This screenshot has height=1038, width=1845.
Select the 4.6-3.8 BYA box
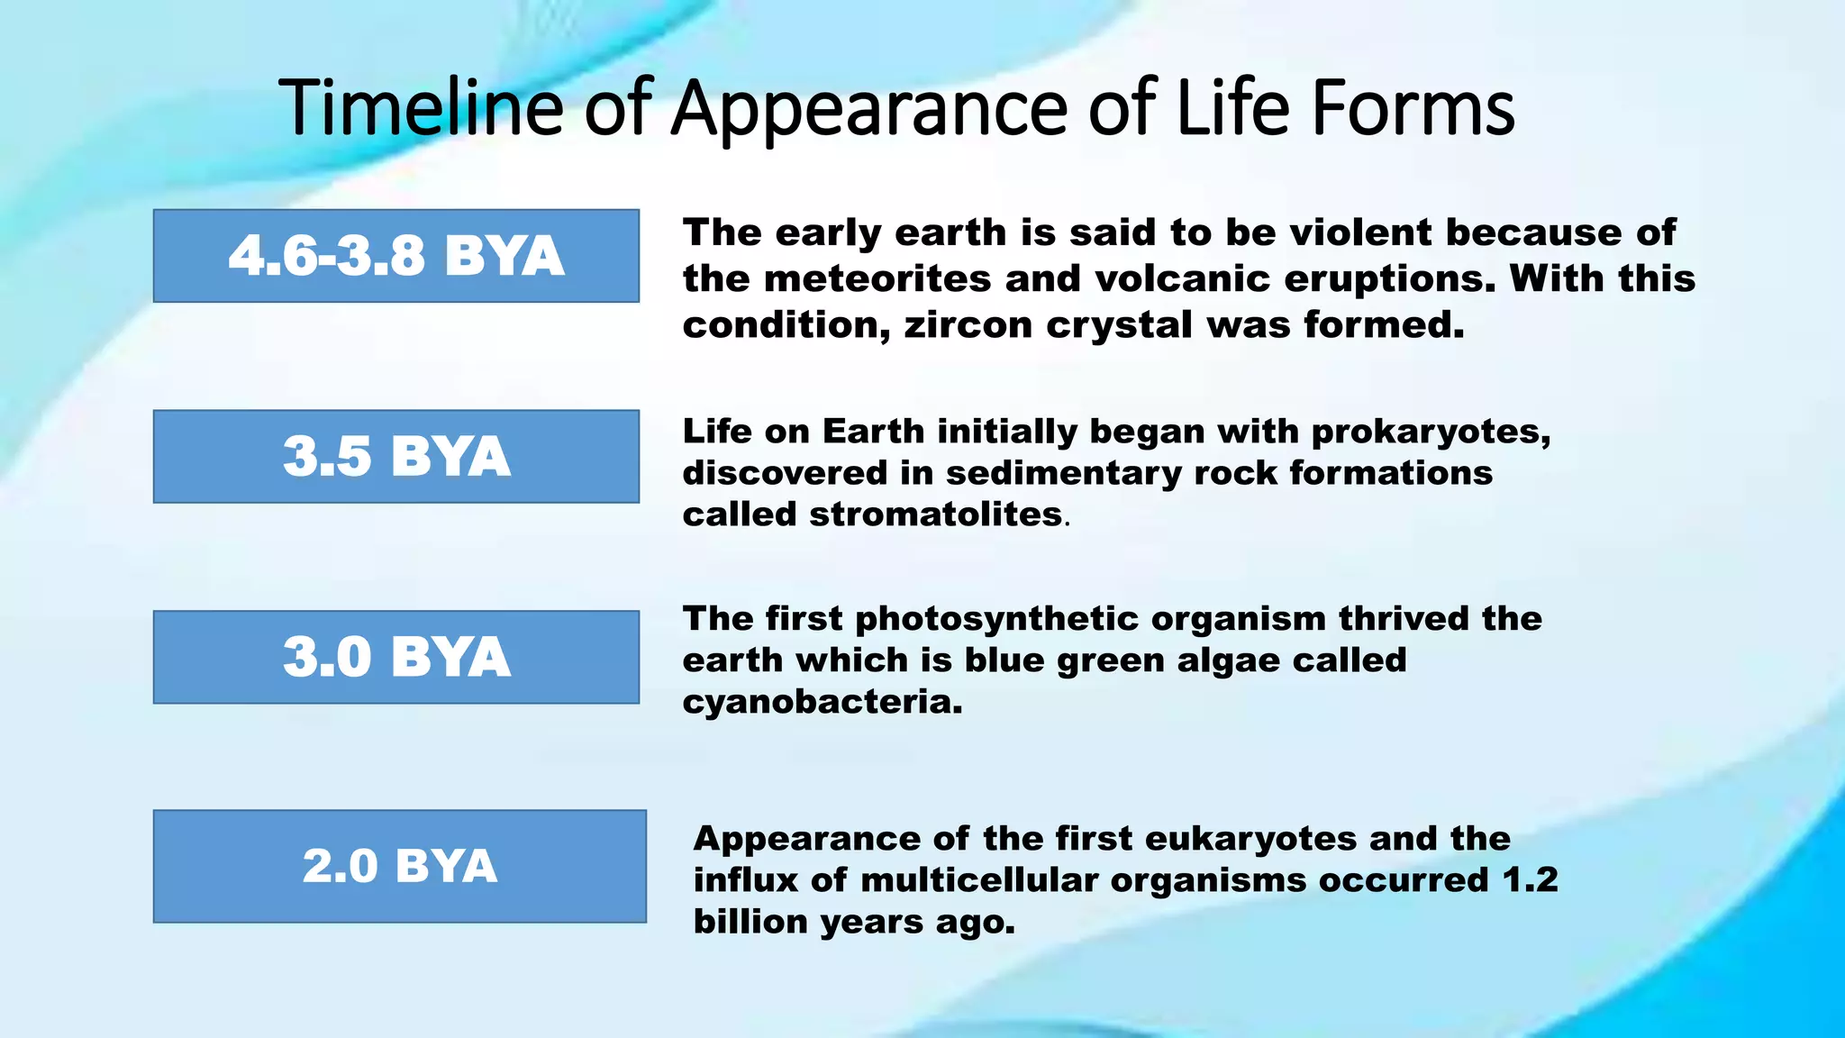395,256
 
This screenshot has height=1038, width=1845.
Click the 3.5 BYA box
395,456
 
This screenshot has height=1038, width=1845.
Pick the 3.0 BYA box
395,657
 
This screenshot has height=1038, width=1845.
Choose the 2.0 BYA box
399,866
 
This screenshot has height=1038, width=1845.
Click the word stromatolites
935,514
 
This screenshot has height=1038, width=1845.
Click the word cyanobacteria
822,702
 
